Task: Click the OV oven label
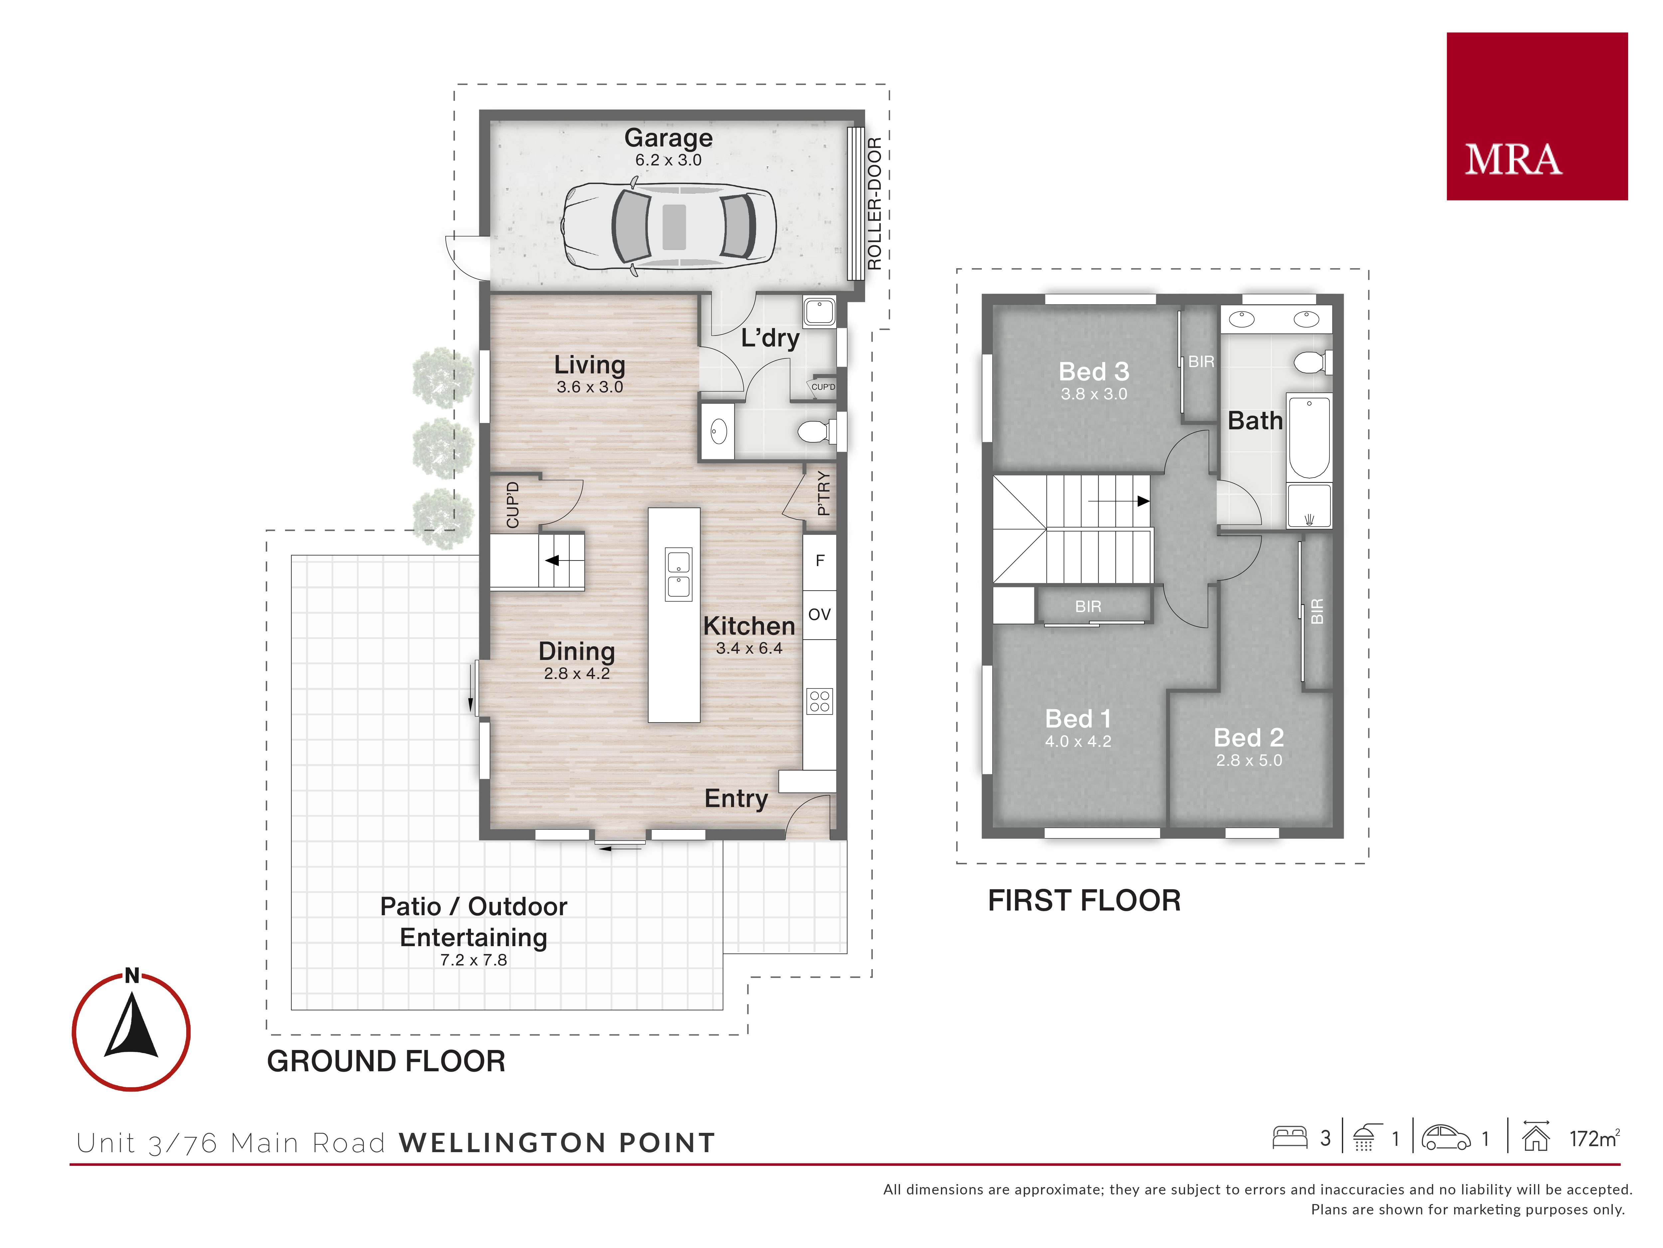click(820, 615)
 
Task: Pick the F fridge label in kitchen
click(820, 560)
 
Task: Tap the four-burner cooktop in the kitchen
click(820, 701)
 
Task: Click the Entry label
click(736, 799)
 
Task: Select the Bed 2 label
click(1249, 737)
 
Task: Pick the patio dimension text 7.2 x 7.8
click(474, 960)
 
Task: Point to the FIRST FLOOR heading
click(1084, 901)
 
